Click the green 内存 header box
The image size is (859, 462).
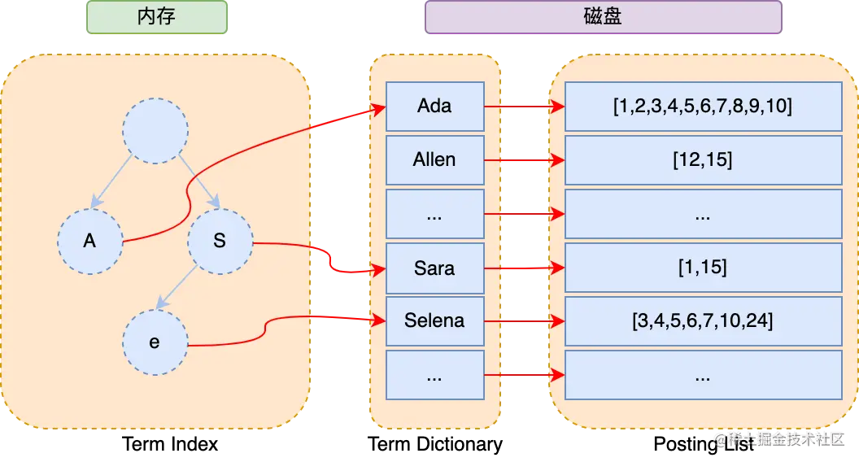pyautogui.click(x=156, y=17)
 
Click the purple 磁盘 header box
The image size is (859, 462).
pyautogui.click(x=603, y=17)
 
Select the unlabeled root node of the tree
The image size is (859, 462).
pyautogui.click(x=155, y=131)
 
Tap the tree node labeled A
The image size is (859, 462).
pyautogui.click(x=90, y=242)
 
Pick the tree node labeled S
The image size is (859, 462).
pyautogui.click(x=220, y=242)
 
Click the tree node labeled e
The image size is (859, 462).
pyautogui.click(x=155, y=342)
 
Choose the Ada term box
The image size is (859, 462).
pyautogui.click(x=434, y=107)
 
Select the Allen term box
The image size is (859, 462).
pyautogui.click(x=434, y=160)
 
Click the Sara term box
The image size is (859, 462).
pyautogui.click(x=434, y=268)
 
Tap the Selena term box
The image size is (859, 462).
pyautogui.click(x=434, y=321)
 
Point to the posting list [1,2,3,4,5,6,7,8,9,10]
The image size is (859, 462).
pyautogui.click(x=703, y=107)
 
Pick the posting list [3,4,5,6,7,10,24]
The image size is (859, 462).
pyautogui.click(x=703, y=321)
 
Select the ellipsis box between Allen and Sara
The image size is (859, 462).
pyautogui.click(x=434, y=214)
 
